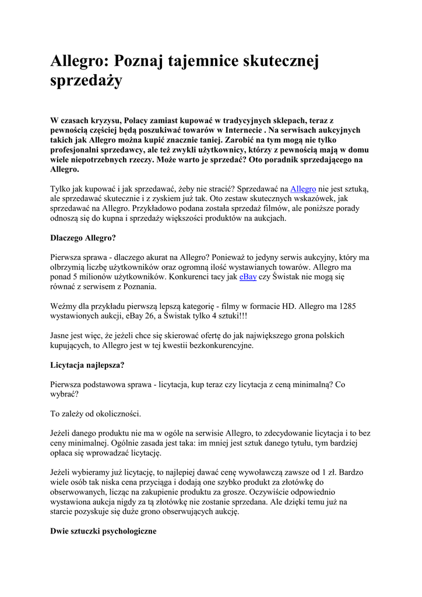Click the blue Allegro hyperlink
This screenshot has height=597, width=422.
tap(303, 189)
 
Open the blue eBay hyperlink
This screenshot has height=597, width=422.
tap(248, 277)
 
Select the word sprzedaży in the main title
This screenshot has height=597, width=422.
tap(86, 80)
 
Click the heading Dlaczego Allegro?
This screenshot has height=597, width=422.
tap(83, 238)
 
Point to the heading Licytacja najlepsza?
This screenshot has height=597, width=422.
tap(87, 365)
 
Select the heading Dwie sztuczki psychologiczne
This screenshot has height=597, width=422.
tap(104, 532)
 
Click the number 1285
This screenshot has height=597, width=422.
tap(347, 305)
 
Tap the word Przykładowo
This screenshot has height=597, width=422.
tap(157, 208)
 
